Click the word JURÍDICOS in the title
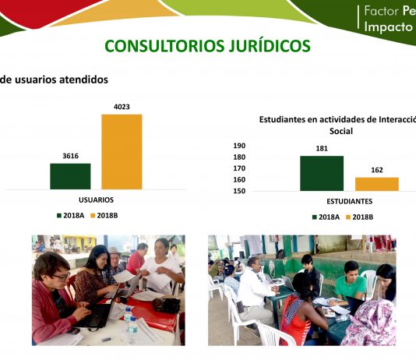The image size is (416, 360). point(270,46)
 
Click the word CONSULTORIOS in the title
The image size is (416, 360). point(164,46)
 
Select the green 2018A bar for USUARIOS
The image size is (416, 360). point(70,176)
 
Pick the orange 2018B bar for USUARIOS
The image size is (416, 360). point(122,152)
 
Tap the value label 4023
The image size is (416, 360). point(122,107)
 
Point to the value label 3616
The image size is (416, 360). point(71,156)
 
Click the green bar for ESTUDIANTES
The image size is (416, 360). point(322,173)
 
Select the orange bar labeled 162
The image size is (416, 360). point(377,184)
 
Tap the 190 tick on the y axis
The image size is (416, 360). point(239,146)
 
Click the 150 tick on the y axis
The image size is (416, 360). point(239,191)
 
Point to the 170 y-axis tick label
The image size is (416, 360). point(239,168)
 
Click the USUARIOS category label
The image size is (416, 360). point(96,199)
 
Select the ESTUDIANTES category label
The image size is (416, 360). point(350,201)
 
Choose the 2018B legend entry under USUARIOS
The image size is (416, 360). point(104,215)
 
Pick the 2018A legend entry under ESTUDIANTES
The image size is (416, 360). point(326,217)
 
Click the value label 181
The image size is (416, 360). point(322,148)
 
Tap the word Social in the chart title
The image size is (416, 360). point(341,131)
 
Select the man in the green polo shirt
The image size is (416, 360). point(350,284)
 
